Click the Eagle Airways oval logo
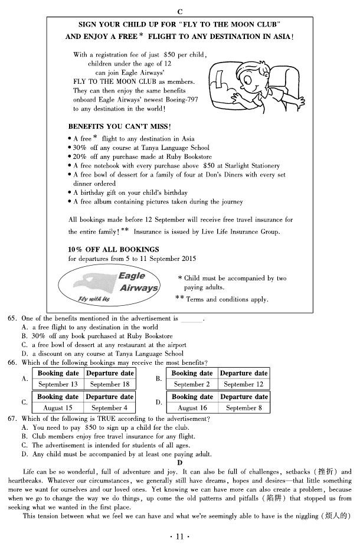click(110, 286)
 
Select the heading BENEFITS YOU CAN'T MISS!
click(119, 126)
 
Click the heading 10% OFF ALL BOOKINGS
click(113, 249)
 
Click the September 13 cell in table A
click(58, 384)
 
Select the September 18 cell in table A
click(110, 384)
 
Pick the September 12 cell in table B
click(243, 384)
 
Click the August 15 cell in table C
click(58, 407)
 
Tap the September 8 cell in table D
click(243, 407)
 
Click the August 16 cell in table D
click(192, 407)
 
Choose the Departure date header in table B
click(243, 373)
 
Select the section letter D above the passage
click(180, 462)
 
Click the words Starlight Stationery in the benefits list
click(251, 166)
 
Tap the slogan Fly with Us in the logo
click(90, 299)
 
